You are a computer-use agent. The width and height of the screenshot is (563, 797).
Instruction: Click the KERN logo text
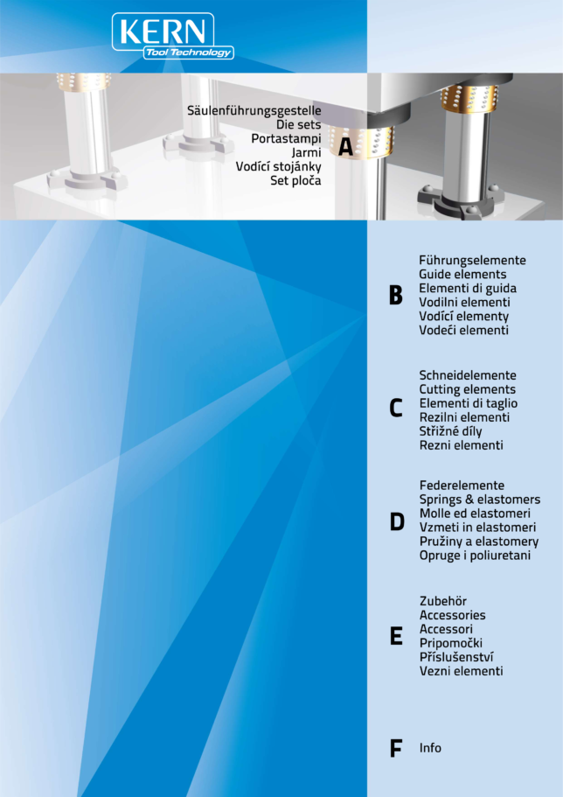click(163, 31)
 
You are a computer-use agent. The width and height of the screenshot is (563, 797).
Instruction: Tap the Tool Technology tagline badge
click(189, 52)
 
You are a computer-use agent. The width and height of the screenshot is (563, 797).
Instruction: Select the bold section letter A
click(346, 146)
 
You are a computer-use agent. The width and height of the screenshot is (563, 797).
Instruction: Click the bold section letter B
click(396, 296)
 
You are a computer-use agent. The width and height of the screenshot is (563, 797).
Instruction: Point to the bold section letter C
click(396, 409)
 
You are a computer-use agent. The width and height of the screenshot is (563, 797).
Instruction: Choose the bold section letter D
click(397, 522)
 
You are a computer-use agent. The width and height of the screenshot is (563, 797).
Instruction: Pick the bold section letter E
click(396, 636)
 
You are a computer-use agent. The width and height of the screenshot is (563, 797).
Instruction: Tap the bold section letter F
click(395, 749)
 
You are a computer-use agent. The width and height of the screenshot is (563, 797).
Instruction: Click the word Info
click(430, 748)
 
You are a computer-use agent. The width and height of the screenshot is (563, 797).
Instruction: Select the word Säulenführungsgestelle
click(254, 111)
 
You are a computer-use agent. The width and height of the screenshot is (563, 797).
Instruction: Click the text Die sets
click(299, 124)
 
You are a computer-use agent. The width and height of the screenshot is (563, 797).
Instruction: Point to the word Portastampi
click(286, 139)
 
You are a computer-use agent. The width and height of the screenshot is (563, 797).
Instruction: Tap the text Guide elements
click(462, 275)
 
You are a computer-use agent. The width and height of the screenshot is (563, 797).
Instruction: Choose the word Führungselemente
click(472, 260)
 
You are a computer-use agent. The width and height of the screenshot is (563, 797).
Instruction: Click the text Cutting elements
click(467, 390)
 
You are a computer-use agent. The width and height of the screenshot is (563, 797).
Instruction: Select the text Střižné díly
click(450, 431)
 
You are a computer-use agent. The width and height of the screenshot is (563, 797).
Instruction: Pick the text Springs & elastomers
click(480, 500)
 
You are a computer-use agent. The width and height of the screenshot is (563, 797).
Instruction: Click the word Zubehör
click(443, 601)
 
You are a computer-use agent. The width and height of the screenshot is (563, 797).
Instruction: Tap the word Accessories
click(452, 615)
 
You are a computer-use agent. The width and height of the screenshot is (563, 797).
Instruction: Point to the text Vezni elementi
click(461, 671)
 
